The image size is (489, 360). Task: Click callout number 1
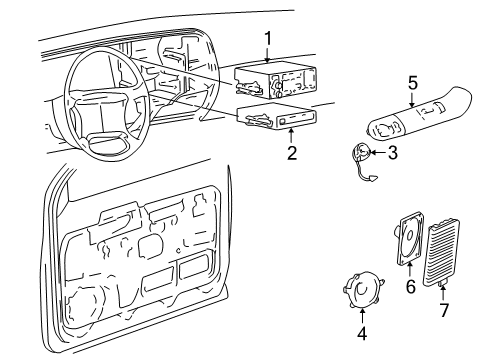(267, 37)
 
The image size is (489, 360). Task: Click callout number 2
(291, 155)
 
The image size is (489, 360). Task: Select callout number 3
(392, 152)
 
